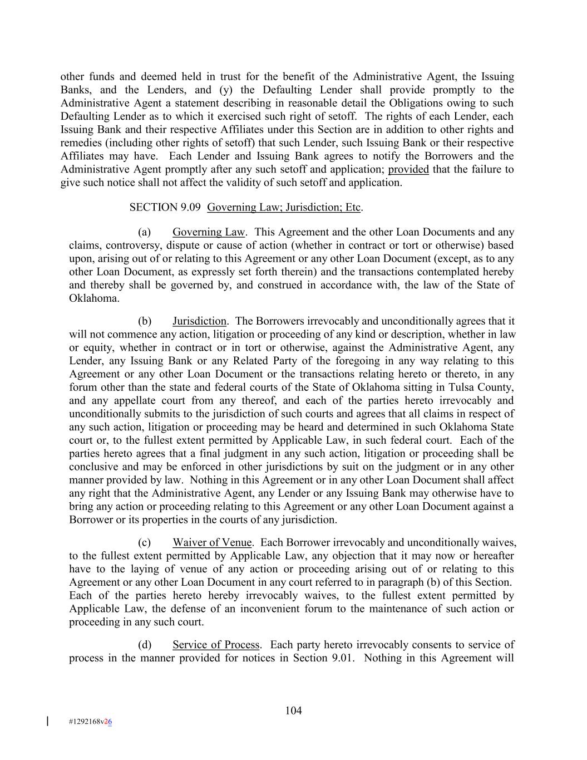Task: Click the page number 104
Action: (x=293, y=710)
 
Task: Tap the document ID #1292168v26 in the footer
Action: (x=90, y=722)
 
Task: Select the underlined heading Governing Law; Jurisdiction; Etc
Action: (x=284, y=207)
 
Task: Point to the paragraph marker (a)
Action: (x=145, y=232)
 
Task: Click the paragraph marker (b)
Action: (x=145, y=321)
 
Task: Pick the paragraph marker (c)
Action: (x=145, y=542)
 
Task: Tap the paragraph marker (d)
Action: (x=145, y=645)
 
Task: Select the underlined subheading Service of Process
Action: (x=216, y=645)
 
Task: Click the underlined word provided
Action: (x=408, y=169)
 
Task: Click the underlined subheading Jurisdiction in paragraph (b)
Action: (x=199, y=321)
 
